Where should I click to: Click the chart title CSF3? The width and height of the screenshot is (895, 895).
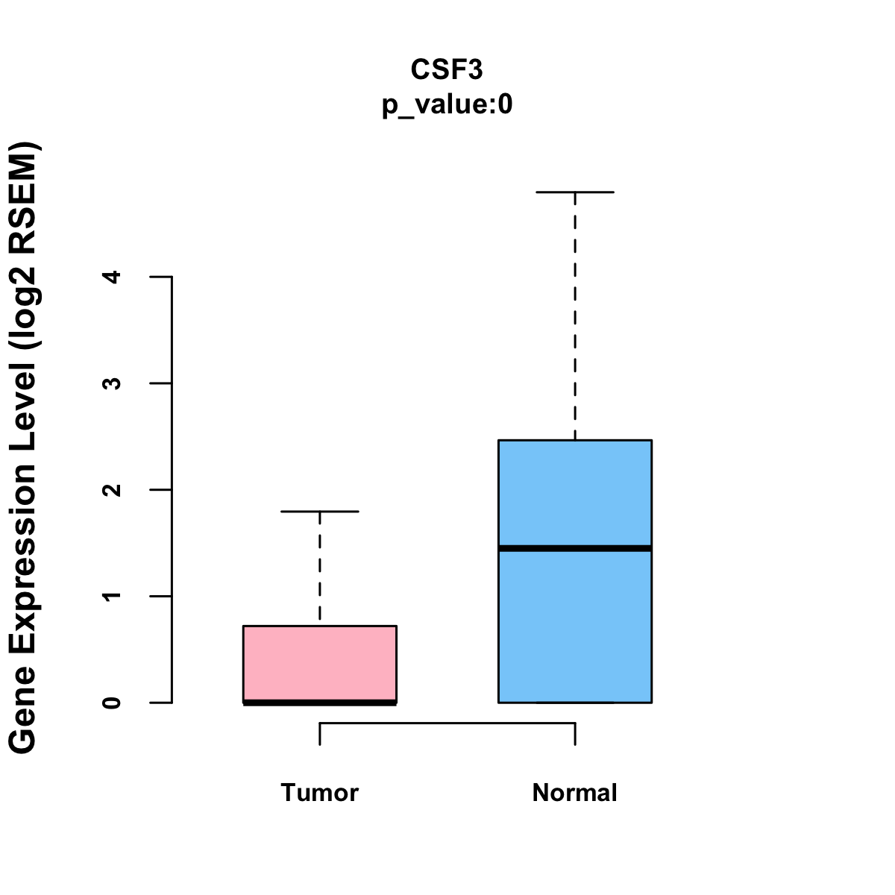(447, 69)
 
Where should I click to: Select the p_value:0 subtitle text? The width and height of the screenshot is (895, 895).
(447, 105)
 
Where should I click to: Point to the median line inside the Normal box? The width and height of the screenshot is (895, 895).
(575, 548)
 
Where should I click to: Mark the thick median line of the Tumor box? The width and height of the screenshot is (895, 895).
(320, 702)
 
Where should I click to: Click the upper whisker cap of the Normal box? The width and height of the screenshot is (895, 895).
(575, 192)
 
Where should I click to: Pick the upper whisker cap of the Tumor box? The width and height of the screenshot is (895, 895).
(320, 512)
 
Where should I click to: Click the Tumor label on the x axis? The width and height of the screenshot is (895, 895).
(320, 793)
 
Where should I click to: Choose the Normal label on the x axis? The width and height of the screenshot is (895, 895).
(575, 793)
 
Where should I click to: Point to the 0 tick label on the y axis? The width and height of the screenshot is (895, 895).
(113, 703)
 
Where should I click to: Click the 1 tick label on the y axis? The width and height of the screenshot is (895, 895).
(113, 596)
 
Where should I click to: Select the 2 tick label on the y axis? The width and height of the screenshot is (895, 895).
(113, 490)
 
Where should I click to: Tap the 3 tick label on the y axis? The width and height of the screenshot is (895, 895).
(113, 383)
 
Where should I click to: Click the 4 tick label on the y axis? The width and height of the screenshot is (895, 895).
(113, 277)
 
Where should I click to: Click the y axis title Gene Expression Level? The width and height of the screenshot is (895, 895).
(23, 447)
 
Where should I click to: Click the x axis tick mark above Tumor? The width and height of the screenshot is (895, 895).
(320, 734)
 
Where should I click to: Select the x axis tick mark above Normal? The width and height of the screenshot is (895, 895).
(575, 734)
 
